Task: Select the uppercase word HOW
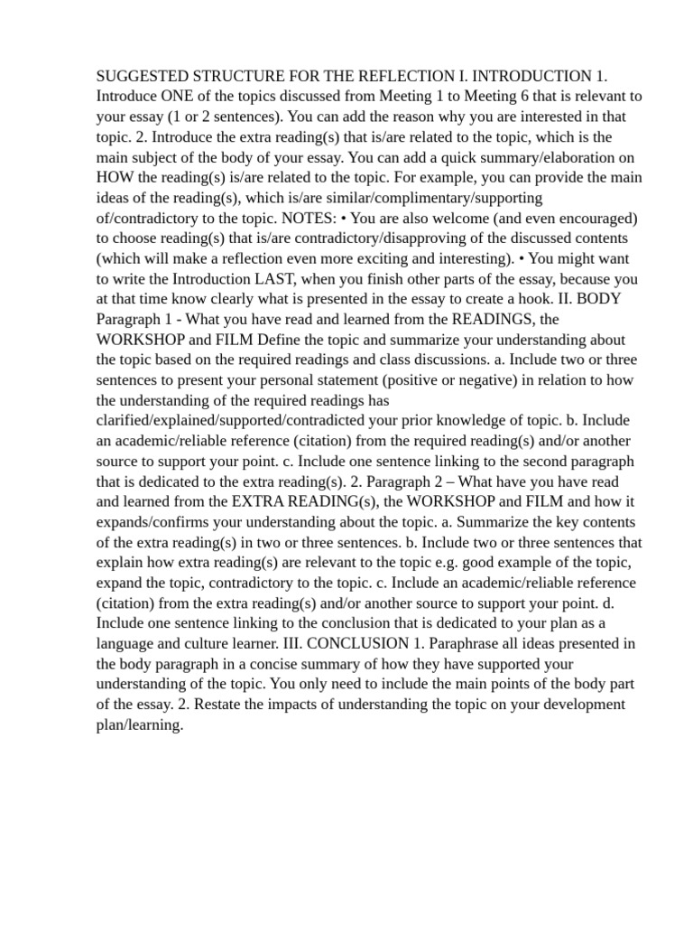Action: pyautogui.click(x=115, y=177)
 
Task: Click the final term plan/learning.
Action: pyautogui.click(x=140, y=724)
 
